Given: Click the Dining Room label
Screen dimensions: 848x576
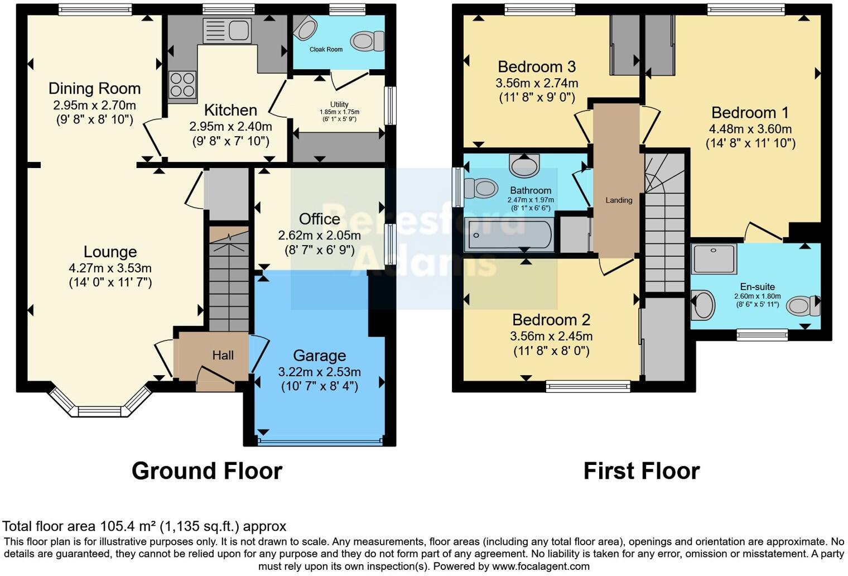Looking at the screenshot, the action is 95,89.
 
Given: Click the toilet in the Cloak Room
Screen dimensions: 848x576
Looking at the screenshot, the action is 367,41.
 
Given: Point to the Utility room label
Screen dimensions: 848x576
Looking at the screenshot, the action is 339,104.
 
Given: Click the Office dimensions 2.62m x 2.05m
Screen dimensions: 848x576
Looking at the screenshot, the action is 320,236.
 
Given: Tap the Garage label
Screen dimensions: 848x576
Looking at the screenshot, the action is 320,356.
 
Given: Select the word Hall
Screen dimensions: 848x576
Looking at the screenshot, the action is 223,355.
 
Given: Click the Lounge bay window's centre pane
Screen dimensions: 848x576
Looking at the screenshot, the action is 99,411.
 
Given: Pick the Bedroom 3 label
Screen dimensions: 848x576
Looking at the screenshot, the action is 537,67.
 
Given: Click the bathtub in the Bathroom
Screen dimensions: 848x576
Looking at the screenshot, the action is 509,235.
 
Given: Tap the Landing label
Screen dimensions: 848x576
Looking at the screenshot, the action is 619,200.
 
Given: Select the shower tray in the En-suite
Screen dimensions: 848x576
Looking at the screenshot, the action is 714,258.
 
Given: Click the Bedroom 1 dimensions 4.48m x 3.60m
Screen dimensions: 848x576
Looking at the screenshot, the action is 750,129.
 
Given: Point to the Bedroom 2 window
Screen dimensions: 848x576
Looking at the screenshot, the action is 588,386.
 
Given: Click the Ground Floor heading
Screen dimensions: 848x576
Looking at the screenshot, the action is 207,471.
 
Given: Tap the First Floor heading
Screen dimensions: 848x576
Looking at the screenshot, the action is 642,471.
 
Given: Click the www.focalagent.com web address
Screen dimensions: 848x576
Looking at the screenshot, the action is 541,567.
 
